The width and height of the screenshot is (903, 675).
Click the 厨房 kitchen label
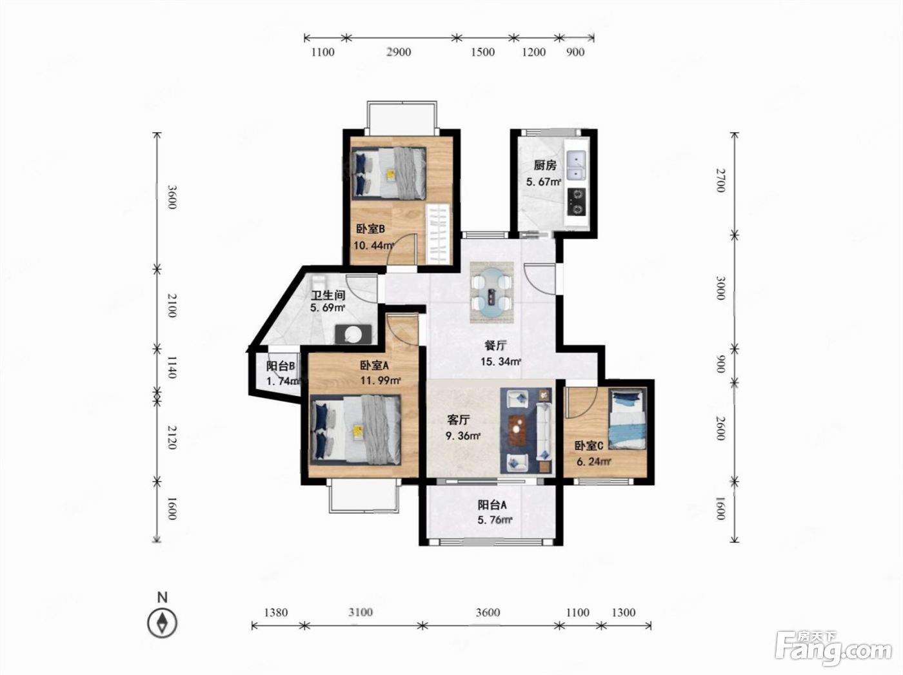[x=545, y=165]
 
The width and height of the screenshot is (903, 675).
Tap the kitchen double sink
[x=577, y=166]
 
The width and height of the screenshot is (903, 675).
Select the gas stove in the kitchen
[x=577, y=202]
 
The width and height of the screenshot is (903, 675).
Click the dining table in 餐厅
[x=492, y=292]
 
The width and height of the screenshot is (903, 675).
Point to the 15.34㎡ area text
[x=501, y=362]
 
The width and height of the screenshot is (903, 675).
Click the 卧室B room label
[x=370, y=229]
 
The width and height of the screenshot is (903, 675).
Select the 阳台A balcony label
[x=492, y=504]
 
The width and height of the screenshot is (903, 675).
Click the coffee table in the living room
[x=519, y=430]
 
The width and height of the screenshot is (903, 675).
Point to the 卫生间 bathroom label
[x=328, y=295]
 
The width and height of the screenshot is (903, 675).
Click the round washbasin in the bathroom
[x=353, y=334]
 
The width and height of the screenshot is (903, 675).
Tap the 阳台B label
[x=281, y=366]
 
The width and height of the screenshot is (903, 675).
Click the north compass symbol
[x=163, y=623]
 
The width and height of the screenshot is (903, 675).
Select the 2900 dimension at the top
[x=399, y=52]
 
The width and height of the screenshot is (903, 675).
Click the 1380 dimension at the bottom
[x=275, y=612]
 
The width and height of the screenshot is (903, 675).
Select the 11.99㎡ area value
[x=381, y=380]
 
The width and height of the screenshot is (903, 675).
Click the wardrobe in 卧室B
[x=437, y=235]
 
